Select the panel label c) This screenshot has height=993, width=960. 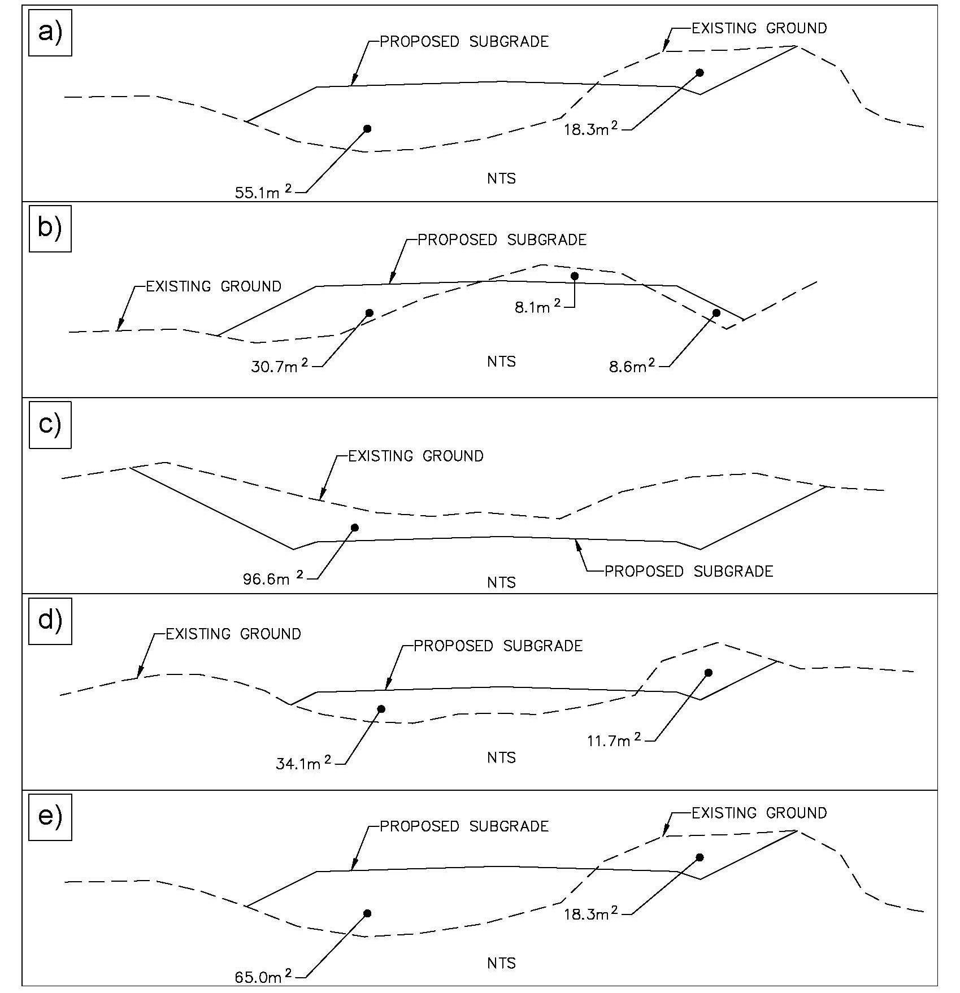50,425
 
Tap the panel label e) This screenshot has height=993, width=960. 50,817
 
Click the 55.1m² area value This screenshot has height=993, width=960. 264,192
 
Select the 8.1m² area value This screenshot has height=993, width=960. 538,307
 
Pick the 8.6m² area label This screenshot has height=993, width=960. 632,367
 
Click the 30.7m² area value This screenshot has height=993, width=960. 280,367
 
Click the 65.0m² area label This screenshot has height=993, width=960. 264,976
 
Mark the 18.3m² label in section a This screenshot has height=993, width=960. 591,129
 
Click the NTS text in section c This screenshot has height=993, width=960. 502,582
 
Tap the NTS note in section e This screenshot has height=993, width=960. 502,962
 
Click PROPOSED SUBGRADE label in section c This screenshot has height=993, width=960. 689,571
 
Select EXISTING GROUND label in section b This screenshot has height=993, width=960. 214,286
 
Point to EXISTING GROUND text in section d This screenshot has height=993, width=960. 233,634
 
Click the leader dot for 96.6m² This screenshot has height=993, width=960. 355,528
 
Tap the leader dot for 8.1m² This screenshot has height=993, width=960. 575,276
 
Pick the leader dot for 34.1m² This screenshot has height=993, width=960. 381,709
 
